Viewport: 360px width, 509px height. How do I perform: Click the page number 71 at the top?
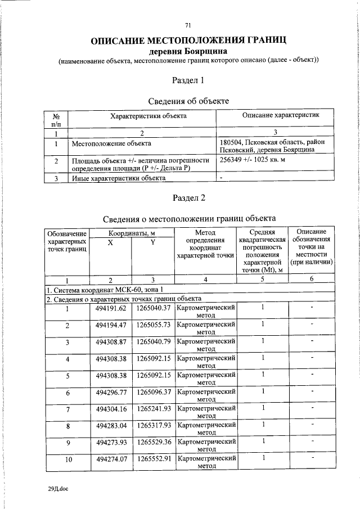188,24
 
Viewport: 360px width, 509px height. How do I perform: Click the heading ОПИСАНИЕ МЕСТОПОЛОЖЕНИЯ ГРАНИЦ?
189,40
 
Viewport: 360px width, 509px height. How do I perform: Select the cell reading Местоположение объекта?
107,144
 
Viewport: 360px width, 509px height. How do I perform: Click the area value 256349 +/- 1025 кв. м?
257,161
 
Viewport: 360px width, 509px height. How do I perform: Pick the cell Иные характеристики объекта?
118,178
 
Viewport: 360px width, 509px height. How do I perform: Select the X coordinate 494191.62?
111,308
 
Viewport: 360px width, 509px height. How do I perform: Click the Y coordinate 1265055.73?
153,325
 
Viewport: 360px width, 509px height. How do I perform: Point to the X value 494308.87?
111,341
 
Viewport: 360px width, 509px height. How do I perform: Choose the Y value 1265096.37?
153,391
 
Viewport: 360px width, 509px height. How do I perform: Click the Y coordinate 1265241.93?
153,408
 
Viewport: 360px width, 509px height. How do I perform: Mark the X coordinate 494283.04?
111,425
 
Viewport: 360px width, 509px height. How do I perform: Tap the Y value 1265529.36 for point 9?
153,442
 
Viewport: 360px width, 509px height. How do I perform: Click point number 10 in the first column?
67,460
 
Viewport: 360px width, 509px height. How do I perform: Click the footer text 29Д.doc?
58,489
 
